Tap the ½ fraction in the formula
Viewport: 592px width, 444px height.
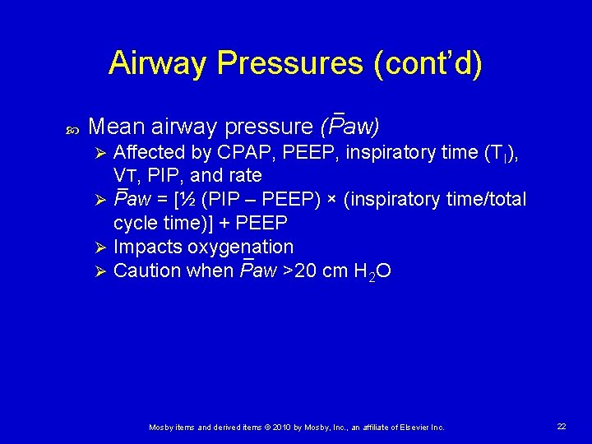click(x=186, y=200)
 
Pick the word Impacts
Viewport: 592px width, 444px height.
click(x=146, y=247)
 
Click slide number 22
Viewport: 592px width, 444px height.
click(x=562, y=426)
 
